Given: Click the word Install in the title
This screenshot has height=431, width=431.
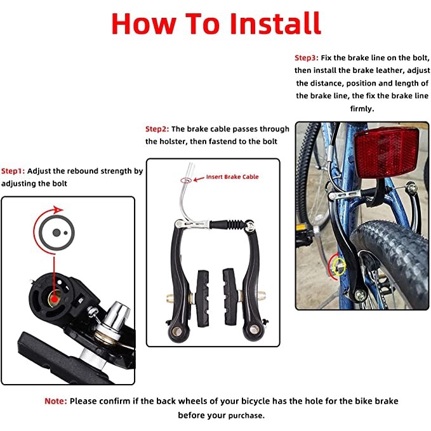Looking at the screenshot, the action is click(275, 23).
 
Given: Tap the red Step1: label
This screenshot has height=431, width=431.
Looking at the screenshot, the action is click(13, 171).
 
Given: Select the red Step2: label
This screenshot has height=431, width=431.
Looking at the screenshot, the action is click(157, 129).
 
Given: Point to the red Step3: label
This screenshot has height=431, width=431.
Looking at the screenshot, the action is click(307, 58).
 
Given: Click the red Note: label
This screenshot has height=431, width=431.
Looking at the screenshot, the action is click(56, 401).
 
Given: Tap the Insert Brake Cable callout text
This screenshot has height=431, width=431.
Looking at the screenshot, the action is click(232, 176).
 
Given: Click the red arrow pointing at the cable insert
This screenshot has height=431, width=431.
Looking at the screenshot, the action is click(199, 179).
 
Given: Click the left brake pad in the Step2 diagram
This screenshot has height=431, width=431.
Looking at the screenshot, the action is click(203, 298).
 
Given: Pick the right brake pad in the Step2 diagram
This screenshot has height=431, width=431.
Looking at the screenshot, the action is click(230, 297).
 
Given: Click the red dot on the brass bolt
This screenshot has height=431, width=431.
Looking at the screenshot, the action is click(55, 299).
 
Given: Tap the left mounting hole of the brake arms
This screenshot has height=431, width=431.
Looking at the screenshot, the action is click(178, 331).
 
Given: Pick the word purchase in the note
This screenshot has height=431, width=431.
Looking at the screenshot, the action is click(245, 416).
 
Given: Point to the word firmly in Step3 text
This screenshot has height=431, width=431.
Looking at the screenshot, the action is click(362, 109).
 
